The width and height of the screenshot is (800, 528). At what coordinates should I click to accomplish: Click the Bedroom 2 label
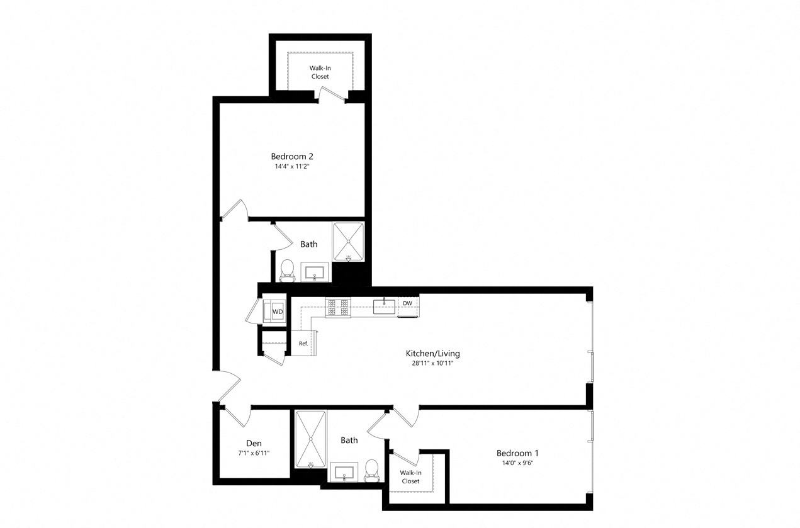coord(292,156)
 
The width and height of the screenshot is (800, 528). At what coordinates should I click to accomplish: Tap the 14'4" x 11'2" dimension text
coord(292,167)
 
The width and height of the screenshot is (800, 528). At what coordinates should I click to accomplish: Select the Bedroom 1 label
coord(517,452)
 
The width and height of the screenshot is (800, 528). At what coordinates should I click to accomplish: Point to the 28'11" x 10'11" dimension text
coord(432,364)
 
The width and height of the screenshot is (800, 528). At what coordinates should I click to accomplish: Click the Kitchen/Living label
coord(432,353)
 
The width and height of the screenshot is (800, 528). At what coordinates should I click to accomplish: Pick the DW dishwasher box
coord(408,303)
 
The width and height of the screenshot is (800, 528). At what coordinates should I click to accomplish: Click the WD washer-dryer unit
coord(276,311)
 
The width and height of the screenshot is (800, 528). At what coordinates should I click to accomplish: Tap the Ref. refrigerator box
coord(303,343)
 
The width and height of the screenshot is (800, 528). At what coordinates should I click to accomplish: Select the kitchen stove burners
coord(337,307)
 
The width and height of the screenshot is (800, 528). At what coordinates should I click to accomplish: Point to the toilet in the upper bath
coord(287,269)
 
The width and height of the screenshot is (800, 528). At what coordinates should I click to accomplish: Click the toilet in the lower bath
coord(371,469)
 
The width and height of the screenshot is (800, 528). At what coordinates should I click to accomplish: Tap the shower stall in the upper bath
coord(349,241)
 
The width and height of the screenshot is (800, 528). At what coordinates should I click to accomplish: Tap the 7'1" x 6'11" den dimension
coord(254,452)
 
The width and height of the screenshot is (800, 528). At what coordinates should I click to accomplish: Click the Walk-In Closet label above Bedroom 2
coord(320,72)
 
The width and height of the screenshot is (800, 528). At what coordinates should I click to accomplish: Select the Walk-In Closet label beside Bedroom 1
coord(410,476)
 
